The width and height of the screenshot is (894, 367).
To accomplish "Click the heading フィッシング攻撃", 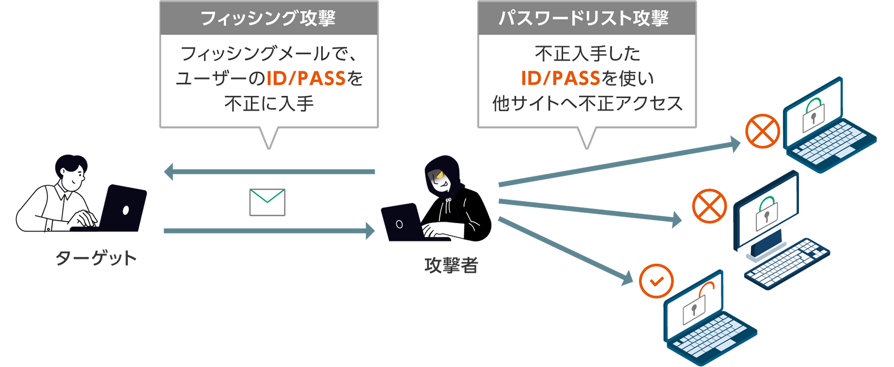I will click(268, 19).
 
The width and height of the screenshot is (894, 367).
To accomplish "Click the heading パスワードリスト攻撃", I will click(586, 19).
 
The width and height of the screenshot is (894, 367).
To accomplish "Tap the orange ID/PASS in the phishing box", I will click(306, 79).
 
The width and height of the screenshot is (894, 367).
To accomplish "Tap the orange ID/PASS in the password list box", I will click(560, 79).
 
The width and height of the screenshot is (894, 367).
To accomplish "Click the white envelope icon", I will click(267, 202).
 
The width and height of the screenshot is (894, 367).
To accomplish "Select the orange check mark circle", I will click(656, 281).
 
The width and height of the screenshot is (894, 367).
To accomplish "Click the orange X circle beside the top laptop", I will click(762, 131).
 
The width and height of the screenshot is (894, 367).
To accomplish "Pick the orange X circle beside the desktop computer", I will click(709, 206).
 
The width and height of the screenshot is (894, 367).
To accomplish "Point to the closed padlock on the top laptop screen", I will click(813, 115).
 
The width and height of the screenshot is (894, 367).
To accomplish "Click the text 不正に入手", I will click(269, 104).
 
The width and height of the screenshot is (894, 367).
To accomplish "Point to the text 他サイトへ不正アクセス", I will click(587, 104).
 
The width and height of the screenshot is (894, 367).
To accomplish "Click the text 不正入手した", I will click(587, 54).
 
